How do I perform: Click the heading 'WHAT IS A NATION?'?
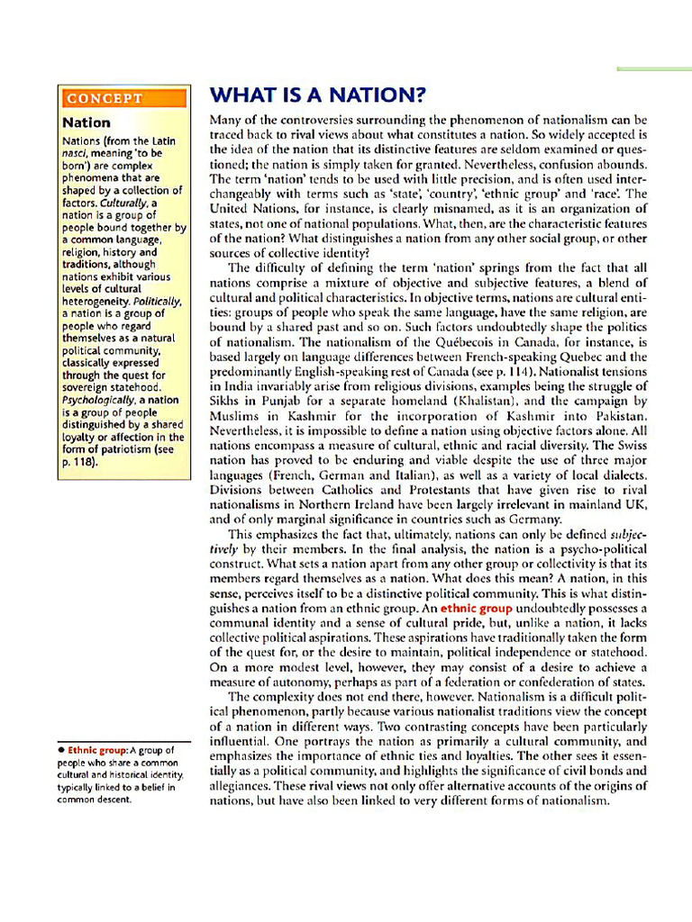coord(316,95)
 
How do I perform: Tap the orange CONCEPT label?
coord(104,98)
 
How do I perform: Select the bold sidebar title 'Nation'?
coord(86,122)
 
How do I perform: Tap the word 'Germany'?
coord(529,518)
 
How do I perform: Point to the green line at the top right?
coord(653,68)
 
